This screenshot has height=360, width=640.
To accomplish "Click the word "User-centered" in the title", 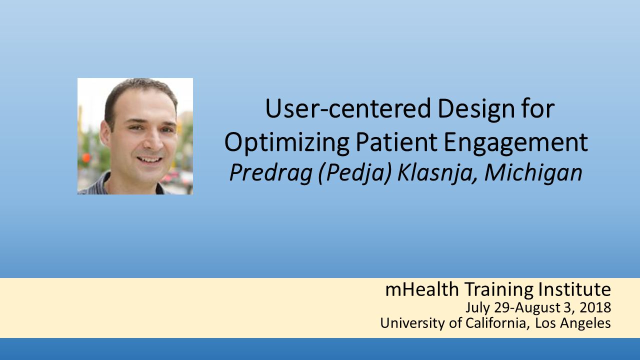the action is (347, 108).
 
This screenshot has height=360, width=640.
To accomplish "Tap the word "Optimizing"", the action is (287, 143).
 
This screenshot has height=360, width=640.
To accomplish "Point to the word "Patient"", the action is (396, 141).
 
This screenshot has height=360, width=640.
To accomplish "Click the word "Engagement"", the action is (516, 143).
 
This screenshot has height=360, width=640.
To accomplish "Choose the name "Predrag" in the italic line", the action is (270, 173).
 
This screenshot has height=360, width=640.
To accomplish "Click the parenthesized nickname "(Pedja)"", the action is (354, 173).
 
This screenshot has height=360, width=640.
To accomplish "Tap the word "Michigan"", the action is (533, 173).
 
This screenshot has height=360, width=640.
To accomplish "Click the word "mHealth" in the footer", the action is (422, 289).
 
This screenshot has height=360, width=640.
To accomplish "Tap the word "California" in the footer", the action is (495, 323).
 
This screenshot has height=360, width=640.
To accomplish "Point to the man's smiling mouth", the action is (149, 159).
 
